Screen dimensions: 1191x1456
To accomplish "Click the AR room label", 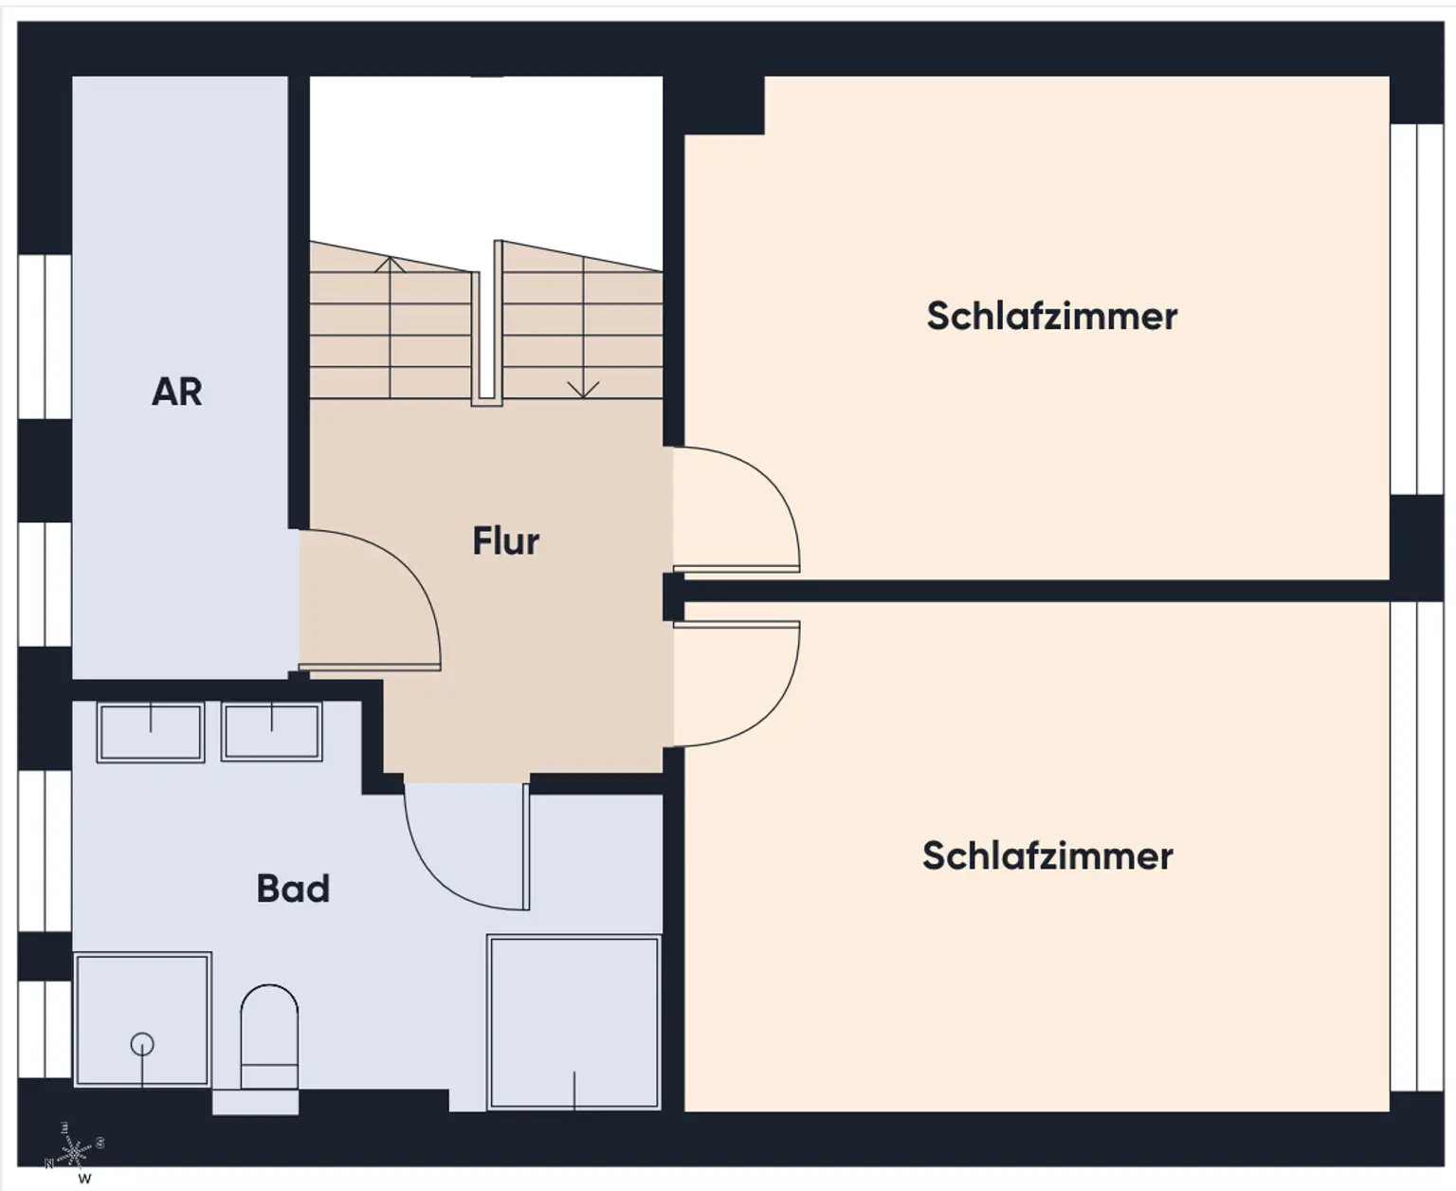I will point(177,392).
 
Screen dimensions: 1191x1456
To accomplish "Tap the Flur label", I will point(505,541).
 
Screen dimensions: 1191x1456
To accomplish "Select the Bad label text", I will point(293,889).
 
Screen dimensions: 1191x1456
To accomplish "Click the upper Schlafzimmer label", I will point(1051,316).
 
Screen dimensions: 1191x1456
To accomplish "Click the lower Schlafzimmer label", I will point(1047,856).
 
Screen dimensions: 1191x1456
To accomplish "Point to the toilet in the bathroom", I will point(269,1037).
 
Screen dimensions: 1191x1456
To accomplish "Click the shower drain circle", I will point(142,1044).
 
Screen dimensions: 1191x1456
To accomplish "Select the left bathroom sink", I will point(151,731).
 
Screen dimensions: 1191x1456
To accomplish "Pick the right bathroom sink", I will point(272,731).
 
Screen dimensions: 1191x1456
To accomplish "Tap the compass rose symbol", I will point(74,1150).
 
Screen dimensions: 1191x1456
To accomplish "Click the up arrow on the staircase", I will point(390,265).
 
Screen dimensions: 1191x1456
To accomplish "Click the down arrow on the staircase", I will point(583,388).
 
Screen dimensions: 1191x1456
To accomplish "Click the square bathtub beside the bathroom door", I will point(573,1021).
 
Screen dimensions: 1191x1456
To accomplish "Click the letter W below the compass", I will point(84,1179).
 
